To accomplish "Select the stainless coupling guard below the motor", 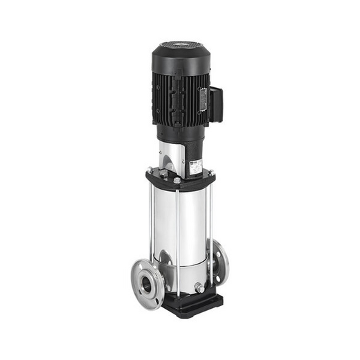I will click(170, 156).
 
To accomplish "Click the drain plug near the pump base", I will click(199, 287).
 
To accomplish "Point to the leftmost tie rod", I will click(150, 222).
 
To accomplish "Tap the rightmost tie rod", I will click(210, 222).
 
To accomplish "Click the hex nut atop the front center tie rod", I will click(177, 180).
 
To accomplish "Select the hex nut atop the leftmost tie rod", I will click(150, 170).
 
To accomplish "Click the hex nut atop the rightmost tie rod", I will click(210, 172).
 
